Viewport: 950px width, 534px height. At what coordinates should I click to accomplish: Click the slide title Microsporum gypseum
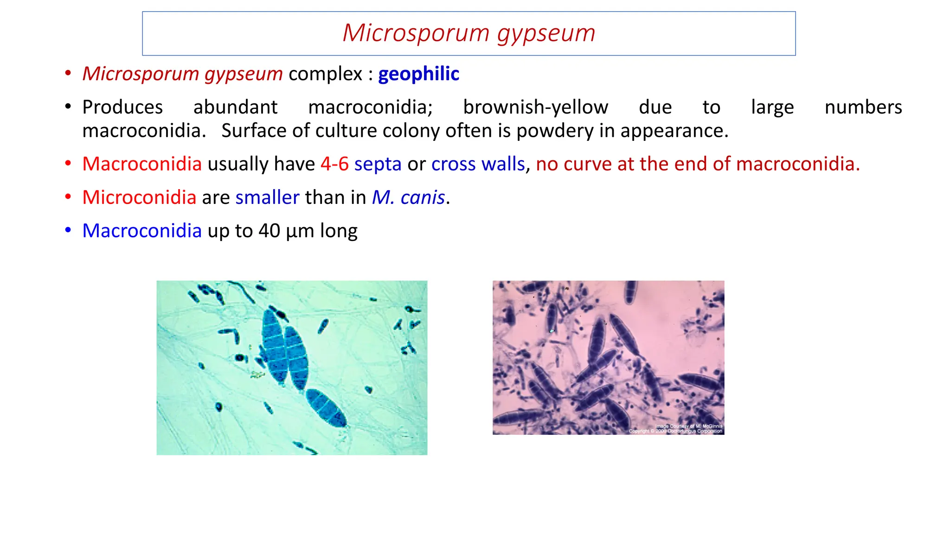click(x=469, y=33)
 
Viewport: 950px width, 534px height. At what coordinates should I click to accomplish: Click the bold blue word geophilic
click(x=418, y=74)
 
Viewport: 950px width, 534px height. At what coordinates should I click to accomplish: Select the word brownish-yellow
click(x=535, y=108)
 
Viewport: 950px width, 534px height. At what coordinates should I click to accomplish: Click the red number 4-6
click(x=334, y=164)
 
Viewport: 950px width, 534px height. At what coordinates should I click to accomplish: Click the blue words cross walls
click(x=478, y=164)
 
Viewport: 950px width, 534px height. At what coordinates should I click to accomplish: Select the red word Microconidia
click(x=139, y=197)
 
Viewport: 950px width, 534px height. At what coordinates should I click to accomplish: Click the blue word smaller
click(x=267, y=197)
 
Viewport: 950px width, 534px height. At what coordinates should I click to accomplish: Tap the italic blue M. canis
click(x=408, y=198)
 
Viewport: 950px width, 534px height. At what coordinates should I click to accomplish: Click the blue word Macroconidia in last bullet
click(x=142, y=231)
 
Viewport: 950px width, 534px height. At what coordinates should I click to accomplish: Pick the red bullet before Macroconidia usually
click(x=68, y=164)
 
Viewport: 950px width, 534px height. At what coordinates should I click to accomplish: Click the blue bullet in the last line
click(x=68, y=230)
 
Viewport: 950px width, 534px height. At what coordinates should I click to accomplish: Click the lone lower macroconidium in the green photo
click(x=326, y=407)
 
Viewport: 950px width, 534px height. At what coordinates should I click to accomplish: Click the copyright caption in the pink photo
click(x=675, y=429)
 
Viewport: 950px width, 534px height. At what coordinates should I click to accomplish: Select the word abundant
click(x=235, y=108)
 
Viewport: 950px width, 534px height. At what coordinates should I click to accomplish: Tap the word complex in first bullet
click(x=325, y=74)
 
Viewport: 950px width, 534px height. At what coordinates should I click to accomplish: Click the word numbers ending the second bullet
click(x=863, y=108)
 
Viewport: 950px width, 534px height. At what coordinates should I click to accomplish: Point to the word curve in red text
click(x=587, y=164)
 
